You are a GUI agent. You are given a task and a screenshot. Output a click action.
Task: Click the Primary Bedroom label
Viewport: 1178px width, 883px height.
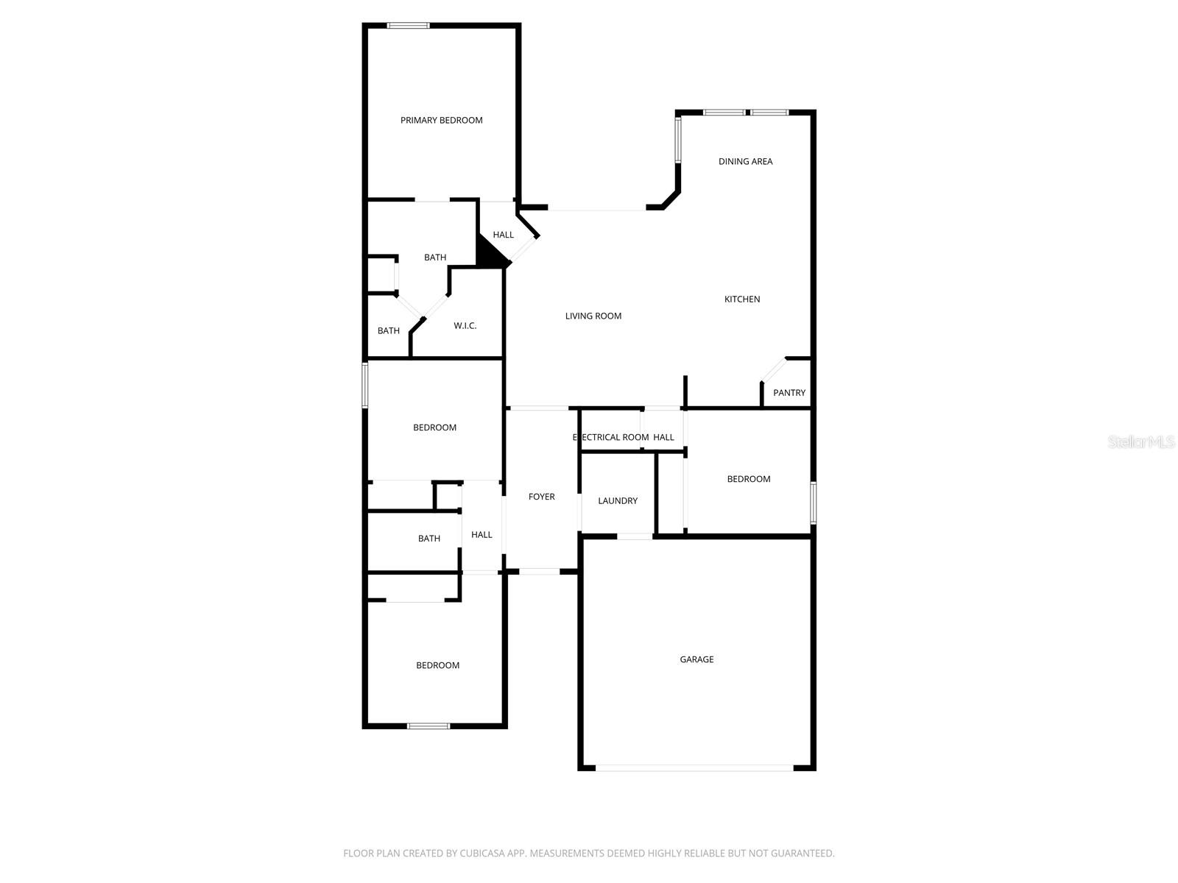click(441, 120)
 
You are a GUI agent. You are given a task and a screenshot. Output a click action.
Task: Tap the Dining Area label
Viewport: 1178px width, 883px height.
click(745, 161)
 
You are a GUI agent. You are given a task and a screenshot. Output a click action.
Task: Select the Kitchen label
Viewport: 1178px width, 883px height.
click(742, 299)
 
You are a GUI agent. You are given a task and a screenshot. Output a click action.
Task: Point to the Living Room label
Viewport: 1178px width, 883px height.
click(593, 316)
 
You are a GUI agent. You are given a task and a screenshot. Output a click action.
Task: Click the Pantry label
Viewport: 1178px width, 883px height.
click(789, 393)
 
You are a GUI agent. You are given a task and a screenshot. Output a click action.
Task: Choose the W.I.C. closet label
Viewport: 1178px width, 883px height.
click(465, 325)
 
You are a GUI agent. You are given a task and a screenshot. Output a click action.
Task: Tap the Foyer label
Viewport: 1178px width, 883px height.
click(541, 497)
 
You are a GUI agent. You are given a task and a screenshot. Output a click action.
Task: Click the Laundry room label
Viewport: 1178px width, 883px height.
click(618, 500)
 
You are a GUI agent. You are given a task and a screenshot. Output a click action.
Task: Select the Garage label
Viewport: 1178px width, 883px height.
click(696, 659)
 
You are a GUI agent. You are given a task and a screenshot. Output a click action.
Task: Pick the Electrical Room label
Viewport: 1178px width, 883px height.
click(610, 437)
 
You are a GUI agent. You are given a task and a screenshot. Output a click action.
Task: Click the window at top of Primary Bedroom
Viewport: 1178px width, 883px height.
click(409, 26)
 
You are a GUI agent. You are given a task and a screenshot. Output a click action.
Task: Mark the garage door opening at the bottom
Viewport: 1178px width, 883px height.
click(694, 768)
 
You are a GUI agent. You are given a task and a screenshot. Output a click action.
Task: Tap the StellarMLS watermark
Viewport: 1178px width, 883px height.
click(1141, 441)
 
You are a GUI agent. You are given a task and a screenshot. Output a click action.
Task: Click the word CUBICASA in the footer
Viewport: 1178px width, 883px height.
click(481, 854)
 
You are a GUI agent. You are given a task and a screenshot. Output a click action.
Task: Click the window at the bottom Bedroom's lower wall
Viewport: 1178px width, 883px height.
click(428, 726)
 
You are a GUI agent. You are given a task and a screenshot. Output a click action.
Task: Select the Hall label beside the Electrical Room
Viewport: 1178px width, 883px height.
click(663, 437)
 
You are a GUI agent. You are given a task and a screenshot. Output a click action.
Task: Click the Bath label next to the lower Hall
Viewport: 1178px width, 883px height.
click(429, 539)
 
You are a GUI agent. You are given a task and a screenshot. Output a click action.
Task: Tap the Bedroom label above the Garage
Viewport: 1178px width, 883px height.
click(749, 479)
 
